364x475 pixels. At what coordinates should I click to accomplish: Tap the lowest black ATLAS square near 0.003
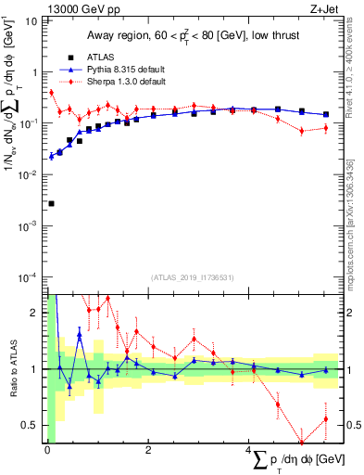pos(51,203)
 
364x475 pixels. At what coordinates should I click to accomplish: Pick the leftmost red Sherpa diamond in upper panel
pos(51,92)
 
